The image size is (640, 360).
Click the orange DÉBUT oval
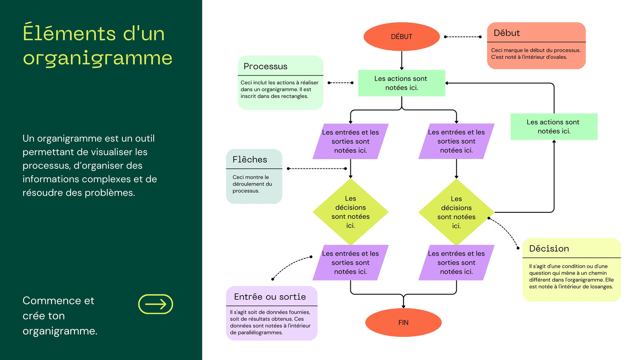(x=402, y=36)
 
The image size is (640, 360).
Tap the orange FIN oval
(x=403, y=322)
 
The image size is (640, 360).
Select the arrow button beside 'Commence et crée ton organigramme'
(x=156, y=304)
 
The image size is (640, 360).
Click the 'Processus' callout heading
(x=265, y=66)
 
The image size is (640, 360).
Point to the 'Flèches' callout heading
(x=250, y=160)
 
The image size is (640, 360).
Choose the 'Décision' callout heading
(x=549, y=248)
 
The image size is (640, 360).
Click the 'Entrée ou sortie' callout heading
(x=270, y=296)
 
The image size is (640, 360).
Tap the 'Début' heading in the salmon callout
(x=506, y=33)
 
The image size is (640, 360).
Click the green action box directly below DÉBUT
(x=402, y=83)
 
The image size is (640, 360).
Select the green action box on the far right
(x=554, y=126)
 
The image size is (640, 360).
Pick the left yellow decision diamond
(x=350, y=212)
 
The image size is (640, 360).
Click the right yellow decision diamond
(x=456, y=212)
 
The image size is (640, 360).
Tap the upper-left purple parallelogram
(x=350, y=141)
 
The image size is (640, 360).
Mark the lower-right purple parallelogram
(x=456, y=262)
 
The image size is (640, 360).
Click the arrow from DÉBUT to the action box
(x=402, y=60)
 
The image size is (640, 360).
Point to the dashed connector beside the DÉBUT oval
(x=462, y=36)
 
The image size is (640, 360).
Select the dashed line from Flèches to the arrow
(x=317, y=168)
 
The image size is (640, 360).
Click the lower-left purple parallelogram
(x=350, y=262)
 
